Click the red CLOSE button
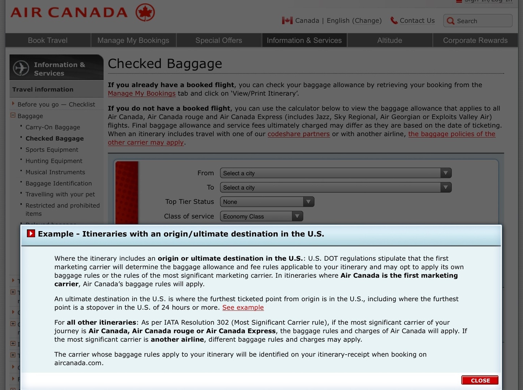(x=480, y=380)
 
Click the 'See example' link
(x=243, y=308)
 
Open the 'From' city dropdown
(x=335, y=173)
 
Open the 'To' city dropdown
(x=335, y=188)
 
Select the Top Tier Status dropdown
(x=267, y=202)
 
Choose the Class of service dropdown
(x=261, y=216)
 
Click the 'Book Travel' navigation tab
(x=48, y=40)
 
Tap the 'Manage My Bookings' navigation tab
(x=133, y=40)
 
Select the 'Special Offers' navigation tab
(x=219, y=40)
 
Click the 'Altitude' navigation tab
(x=390, y=40)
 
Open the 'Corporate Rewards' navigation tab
(x=475, y=40)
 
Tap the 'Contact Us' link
(x=417, y=21)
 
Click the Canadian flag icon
(x=287, y=21)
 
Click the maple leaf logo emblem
(x=145, y=13)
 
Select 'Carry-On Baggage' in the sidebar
(x=53, y=127)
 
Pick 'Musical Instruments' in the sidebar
(x=55, y=172)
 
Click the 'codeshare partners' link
(x=299, y=134)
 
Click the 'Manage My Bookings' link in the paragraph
(x=142, y=94)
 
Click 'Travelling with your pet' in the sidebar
(x=60, y=194)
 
